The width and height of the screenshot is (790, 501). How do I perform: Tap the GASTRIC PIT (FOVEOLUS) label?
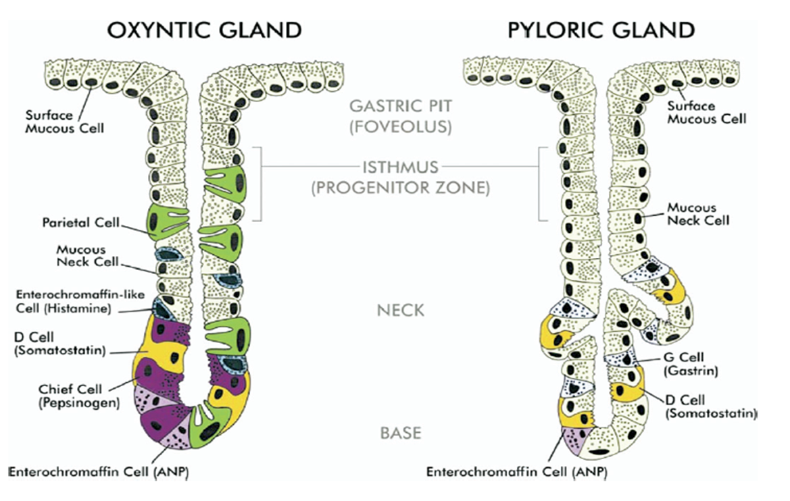[x=401, y=115]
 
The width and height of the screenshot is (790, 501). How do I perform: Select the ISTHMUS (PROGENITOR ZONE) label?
[x=401, y=177]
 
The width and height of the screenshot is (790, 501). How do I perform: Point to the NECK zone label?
[x=401, y=311]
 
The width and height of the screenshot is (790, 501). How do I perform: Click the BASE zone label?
[x=401, y=433]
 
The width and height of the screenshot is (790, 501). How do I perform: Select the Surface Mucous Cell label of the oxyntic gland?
[x=65, y=121]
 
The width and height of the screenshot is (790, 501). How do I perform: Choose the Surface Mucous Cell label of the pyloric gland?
[x=706, y=112]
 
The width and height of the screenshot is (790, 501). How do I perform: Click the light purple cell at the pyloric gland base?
[x=575, y=440]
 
